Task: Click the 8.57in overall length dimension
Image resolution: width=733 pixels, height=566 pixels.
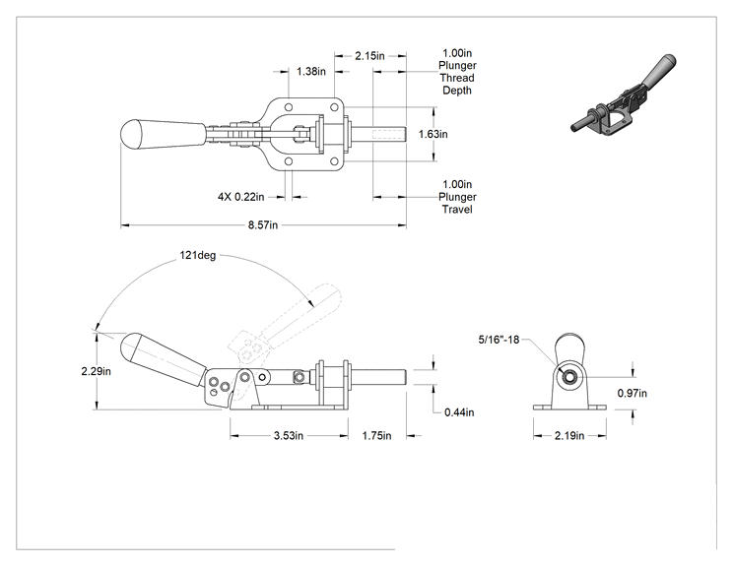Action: click(263, 225)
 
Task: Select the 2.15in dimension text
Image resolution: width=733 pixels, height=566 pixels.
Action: click(369, 56)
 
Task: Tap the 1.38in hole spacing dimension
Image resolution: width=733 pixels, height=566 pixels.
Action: click(311, 72)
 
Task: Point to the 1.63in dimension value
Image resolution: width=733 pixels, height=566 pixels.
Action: click(433, 134)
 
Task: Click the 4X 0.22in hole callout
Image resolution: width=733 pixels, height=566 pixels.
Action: click(240, 197)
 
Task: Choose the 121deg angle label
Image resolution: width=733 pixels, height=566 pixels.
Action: click(198, 256)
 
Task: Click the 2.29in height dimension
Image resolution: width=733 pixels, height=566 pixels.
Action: click(96, 371)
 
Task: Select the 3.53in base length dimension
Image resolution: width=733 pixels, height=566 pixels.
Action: click(289, 436)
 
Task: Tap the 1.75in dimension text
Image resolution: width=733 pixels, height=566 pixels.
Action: click(376, 436)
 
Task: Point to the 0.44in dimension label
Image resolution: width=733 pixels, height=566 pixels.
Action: click(459, 412)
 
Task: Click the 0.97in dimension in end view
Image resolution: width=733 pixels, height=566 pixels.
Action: click(633, 393)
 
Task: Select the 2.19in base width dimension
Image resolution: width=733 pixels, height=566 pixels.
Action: click(569, 436)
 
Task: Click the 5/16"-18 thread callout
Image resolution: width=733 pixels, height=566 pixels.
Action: click(499, 340)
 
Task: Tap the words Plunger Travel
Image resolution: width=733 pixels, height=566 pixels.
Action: click(457, 203)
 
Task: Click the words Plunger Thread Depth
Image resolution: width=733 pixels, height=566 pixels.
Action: click(457, 78)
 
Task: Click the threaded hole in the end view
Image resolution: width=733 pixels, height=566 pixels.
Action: click(568, 376)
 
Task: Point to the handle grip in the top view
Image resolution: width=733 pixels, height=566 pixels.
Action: click(164, 134)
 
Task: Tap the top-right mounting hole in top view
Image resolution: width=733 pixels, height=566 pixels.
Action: click(334, 107)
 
